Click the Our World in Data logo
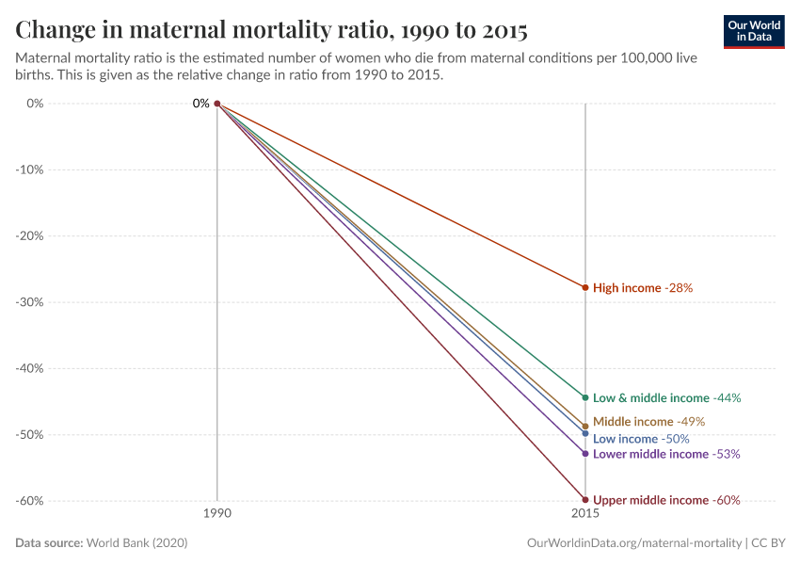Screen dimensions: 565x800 753,31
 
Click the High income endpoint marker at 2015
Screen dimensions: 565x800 585,287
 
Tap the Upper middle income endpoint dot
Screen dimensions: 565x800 585,500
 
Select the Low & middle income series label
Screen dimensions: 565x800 666,398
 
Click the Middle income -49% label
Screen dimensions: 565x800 648,422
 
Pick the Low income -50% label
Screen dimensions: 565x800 641,439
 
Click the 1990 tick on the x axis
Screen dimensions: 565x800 217,516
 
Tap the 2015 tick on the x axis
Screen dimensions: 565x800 585,516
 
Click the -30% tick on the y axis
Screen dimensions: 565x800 31,302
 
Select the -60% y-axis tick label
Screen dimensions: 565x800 31,501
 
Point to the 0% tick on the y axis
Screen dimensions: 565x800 36,104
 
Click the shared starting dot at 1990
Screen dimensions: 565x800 217,104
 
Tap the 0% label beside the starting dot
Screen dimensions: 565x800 200,104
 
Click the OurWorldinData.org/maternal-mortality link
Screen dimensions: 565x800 634,543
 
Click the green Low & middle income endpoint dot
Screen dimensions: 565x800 585,397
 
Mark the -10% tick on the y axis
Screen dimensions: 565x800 31,170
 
